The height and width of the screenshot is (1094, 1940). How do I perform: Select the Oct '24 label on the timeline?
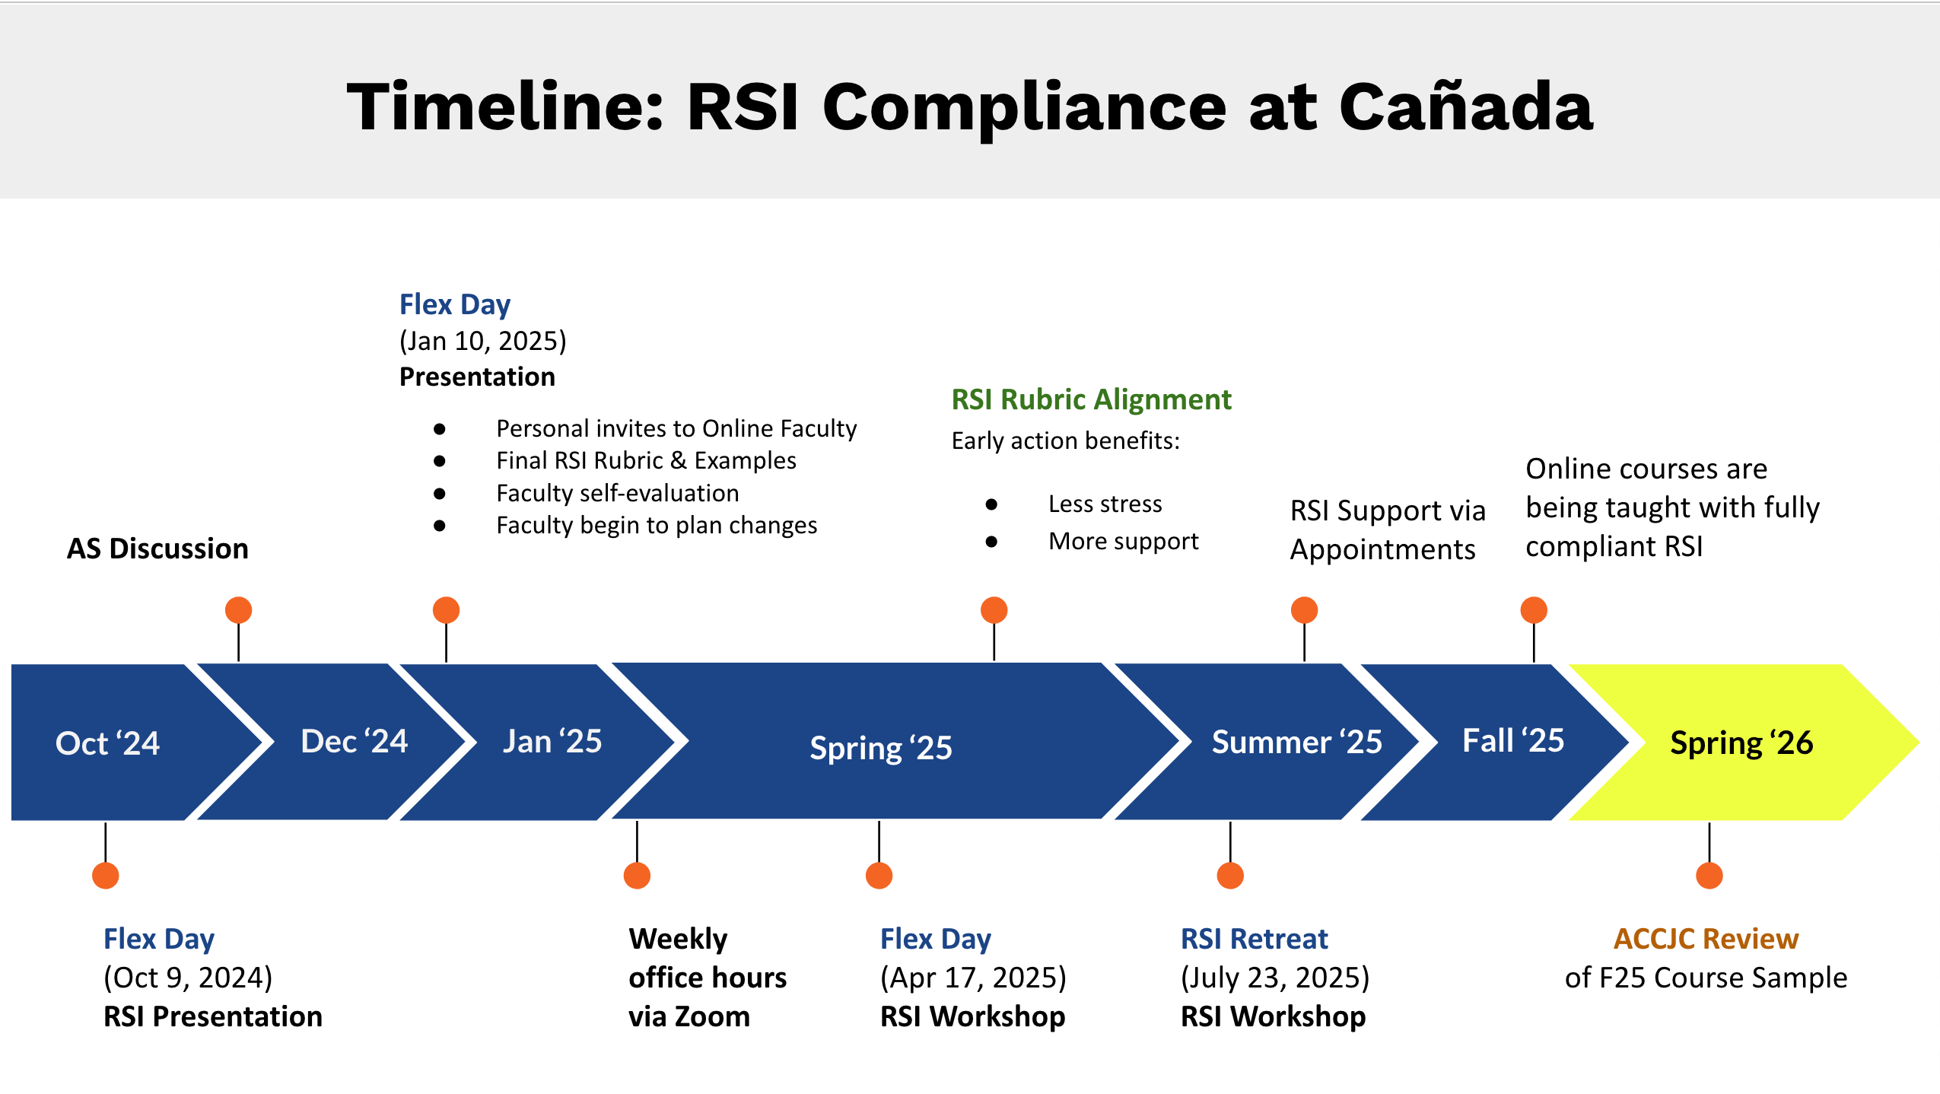[x=107, y=743]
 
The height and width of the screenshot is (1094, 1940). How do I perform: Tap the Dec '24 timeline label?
[x=354, y=741]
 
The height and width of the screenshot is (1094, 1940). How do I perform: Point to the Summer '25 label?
[x=1296, y=742]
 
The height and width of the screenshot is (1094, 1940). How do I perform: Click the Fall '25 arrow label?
[x=1512, y=740]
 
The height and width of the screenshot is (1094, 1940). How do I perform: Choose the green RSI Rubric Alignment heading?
[x=1091, y=399]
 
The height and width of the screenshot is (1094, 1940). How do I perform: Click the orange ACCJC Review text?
[x=1706, y=939]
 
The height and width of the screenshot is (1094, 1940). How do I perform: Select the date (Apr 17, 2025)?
[x=973, y=978]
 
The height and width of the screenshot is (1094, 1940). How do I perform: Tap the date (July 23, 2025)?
[x=1274, y=978]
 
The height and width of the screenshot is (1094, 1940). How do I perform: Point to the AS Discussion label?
[x=157, y=549]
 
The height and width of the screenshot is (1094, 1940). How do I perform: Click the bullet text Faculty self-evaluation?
[x=617, y=493]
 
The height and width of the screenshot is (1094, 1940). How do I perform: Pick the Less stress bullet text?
[x=1105, y=504]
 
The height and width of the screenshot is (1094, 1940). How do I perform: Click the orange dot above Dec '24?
[x=238, y=610]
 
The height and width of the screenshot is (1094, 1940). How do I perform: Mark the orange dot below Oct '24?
[x=105, y=876]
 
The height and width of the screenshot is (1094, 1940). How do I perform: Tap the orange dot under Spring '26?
[x=1709, y=876]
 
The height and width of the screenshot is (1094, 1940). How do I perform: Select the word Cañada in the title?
[x=1465, y=107]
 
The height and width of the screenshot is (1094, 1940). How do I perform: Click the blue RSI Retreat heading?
[x=1254, y=939]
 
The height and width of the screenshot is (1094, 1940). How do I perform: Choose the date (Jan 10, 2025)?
[x=482, y=341]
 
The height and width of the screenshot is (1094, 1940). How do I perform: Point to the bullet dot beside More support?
[x=991, y=542]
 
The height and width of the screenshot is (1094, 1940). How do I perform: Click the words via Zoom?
[x=689, y=1016]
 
